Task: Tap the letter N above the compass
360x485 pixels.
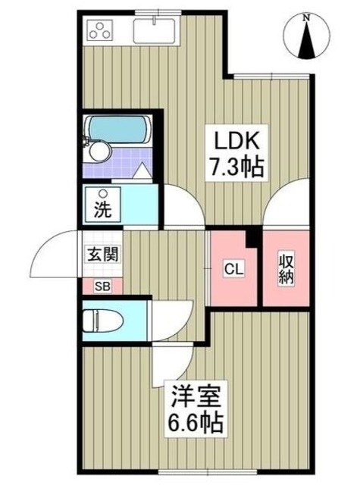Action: [306, 16]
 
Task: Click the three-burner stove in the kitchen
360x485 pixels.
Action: [100, 31]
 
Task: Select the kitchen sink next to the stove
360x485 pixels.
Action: [155, 31]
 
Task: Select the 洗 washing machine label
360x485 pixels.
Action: [102, 210]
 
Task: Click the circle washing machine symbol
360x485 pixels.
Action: [101, 192]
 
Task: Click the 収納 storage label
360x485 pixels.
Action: [285, 269]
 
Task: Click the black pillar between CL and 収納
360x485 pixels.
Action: [256, 238]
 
